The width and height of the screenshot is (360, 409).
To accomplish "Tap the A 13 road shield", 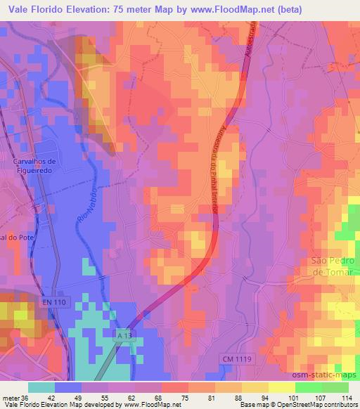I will (123, 337).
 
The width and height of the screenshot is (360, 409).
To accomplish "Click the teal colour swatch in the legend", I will (42, 387).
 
